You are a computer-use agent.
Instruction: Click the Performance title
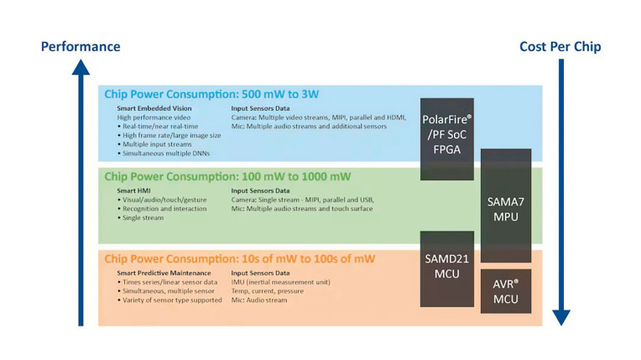[81, 47]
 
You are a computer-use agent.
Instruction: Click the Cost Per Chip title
[560, 47]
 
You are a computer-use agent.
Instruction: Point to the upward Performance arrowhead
[81, 67]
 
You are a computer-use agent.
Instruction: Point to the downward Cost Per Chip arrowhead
[561, 317]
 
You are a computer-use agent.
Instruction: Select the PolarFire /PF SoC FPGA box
[447, 139]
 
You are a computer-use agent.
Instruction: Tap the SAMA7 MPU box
[506, 206]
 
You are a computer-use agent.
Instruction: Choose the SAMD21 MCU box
[447, 269]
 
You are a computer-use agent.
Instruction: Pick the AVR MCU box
[506, 291]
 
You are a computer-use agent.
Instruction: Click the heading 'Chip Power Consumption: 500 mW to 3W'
[211, 94]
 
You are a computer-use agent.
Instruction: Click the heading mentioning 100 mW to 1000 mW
[227, 176]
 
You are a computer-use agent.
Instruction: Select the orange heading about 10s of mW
[240, 258]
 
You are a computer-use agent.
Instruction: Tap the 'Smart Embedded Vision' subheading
[154, 108]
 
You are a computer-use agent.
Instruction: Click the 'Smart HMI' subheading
[133, 190]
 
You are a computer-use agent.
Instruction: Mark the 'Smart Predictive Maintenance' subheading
[164, 273]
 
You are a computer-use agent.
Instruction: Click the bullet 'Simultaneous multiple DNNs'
[164, 154]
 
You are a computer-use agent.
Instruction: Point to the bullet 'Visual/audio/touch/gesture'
[162, 200]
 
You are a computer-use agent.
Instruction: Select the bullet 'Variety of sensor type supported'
[169, 300]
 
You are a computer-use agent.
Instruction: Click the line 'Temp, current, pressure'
[268, 291]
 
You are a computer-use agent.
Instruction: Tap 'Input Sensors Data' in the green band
[260, 190]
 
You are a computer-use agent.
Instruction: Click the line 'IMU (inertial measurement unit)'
[281, 282]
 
